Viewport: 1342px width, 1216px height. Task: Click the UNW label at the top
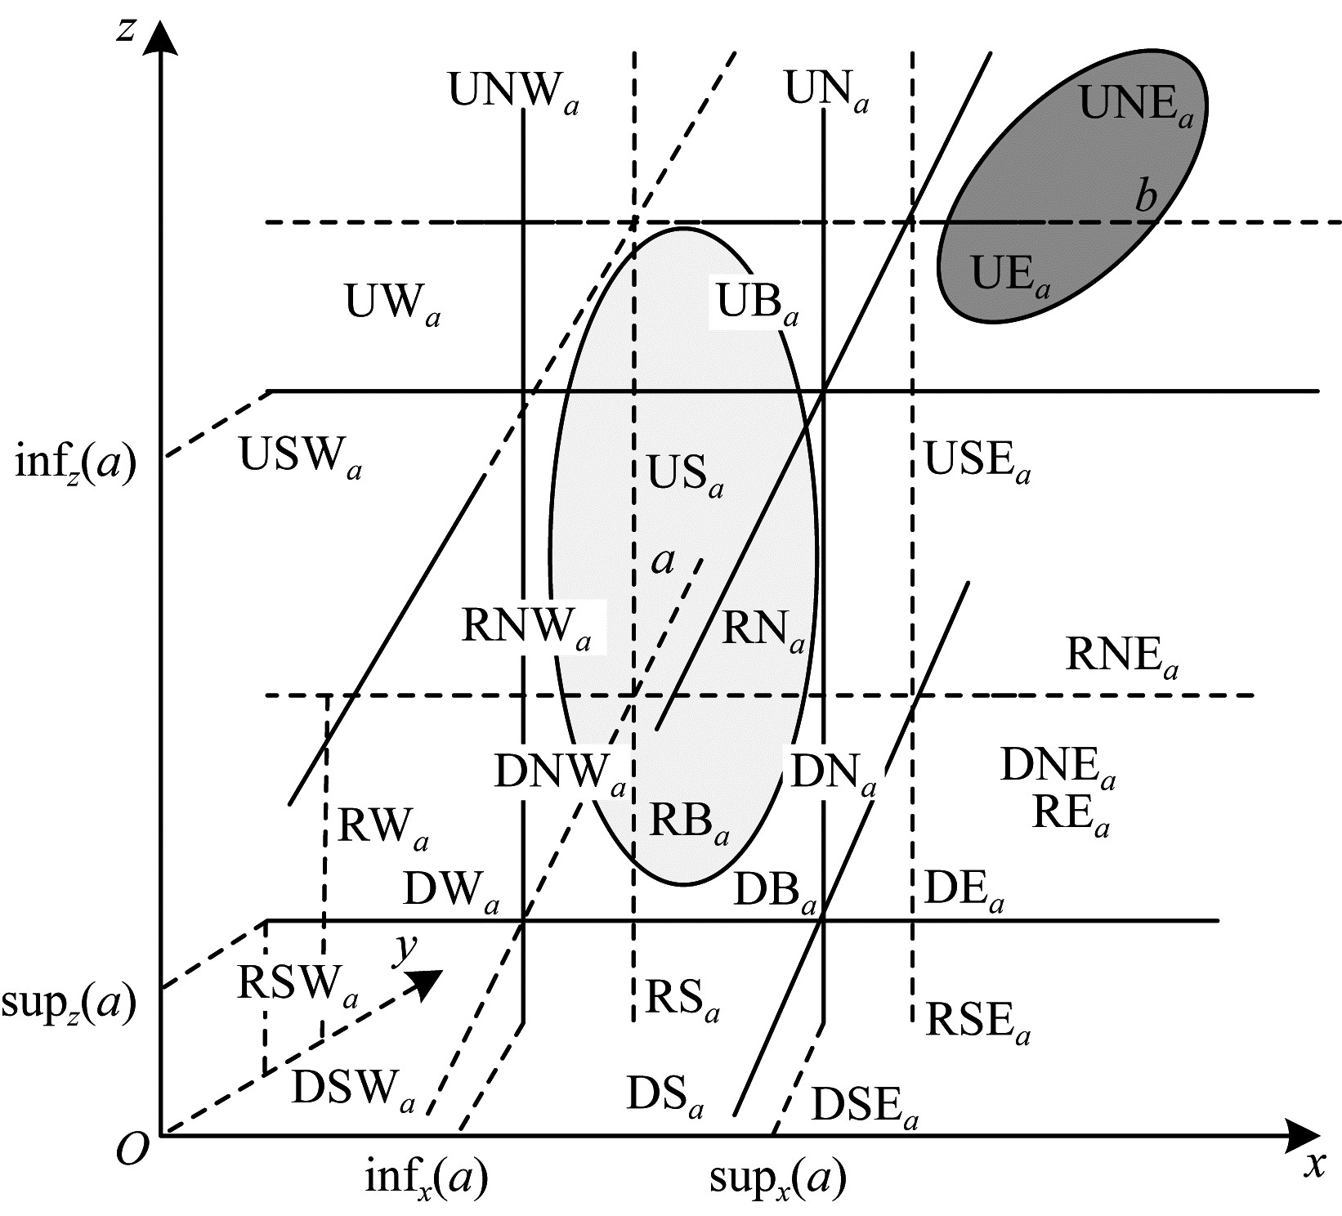(x=514, y=92)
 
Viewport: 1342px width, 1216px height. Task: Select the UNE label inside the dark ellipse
(x=1137, y=105)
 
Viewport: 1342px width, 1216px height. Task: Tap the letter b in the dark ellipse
(x=1147, y=196)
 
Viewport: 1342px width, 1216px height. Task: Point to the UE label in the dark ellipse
(x=1010, y=275)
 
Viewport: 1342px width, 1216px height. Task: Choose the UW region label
(x=392, y=304)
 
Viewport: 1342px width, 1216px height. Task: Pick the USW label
(x=300, y=457)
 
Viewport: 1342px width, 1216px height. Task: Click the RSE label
(x=977, y=1022)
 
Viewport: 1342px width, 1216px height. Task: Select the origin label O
(x=132, y=1151)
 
